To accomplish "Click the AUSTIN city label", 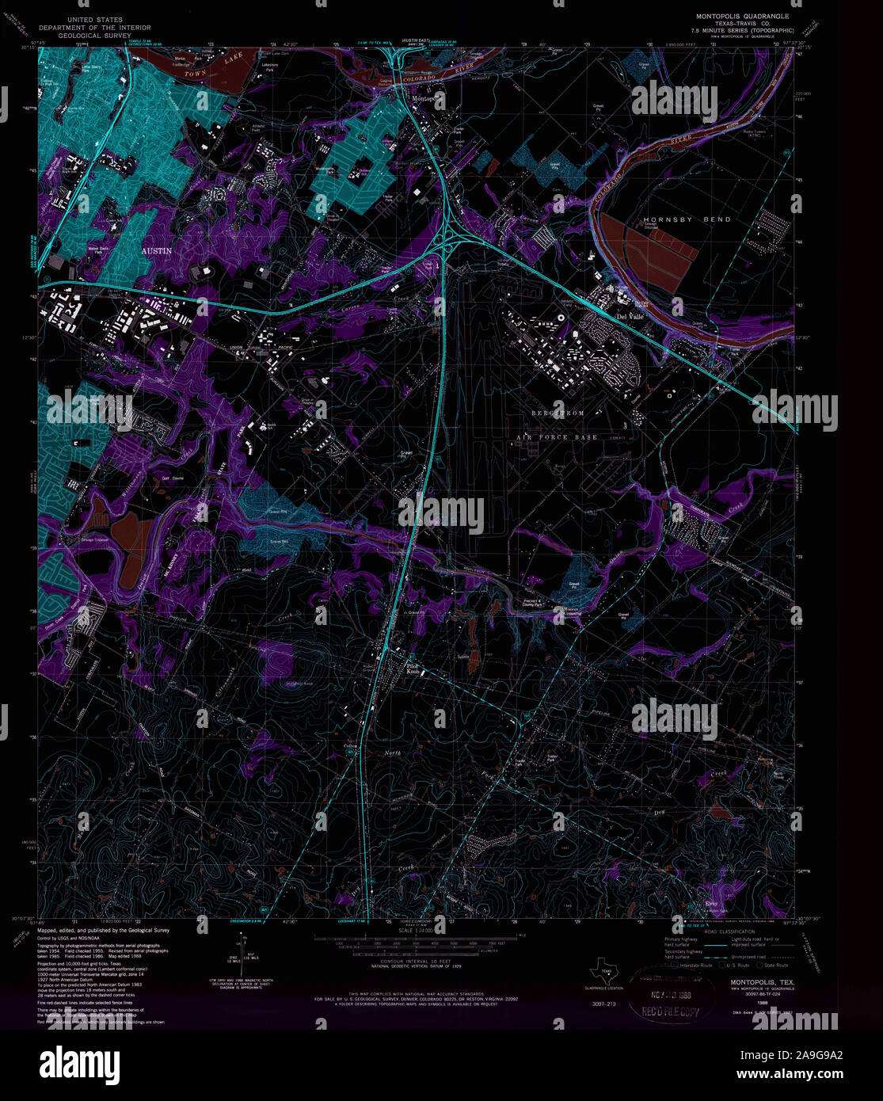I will tap(156, 250).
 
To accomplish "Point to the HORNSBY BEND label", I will tap(676, 219).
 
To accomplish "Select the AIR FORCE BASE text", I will tap(557, 436).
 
